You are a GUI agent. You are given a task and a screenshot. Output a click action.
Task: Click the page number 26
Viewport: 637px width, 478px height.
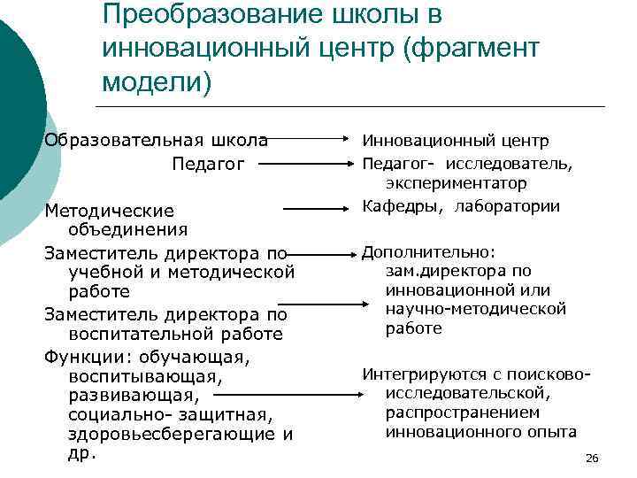pyautogui.click(x=593, y=458)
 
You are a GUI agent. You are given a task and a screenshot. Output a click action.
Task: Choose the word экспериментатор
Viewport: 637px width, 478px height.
pyautogui.click(x=456, y=184)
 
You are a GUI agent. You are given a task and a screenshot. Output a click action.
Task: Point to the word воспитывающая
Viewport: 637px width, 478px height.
pyautogui.click(x=141, y=376)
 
